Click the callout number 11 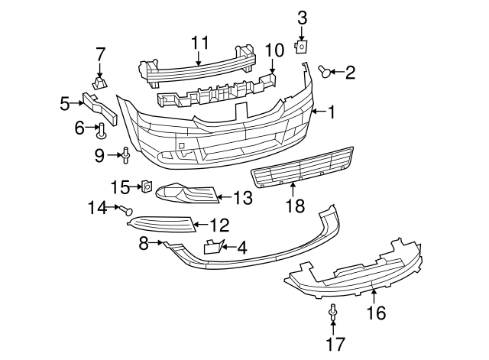[x=199, y=43]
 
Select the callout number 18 [x=293, y=206]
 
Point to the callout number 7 [x=100, y=54]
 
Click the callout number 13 [x=241, y=199]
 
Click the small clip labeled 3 [x=301, y=47]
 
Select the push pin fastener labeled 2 [x=325, y=72]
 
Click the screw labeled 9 [x=125, y=156]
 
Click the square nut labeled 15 [x=145, y=186]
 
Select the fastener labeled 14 [x=126, y=209]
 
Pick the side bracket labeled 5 [x=100, y=105]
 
